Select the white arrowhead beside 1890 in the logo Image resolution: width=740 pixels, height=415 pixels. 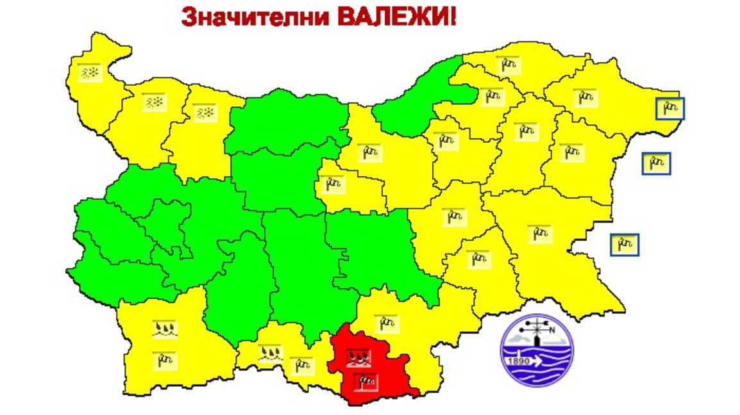(x=537, y=361)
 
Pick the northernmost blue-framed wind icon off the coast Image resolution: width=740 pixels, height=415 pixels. (x=670, y=109)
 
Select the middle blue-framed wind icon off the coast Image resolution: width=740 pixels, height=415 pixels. (x=657, y=164)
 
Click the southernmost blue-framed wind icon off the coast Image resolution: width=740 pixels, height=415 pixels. (x=624, y=244)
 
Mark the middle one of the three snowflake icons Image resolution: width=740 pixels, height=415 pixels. (x=155, y=102)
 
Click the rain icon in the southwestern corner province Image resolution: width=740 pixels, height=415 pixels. (x=165, y=330)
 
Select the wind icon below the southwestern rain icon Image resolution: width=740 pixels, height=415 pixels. (x=165, y=360)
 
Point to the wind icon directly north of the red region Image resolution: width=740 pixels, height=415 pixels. (x=385, y=323)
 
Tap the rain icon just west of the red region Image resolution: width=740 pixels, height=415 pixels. (x=270, y=353)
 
